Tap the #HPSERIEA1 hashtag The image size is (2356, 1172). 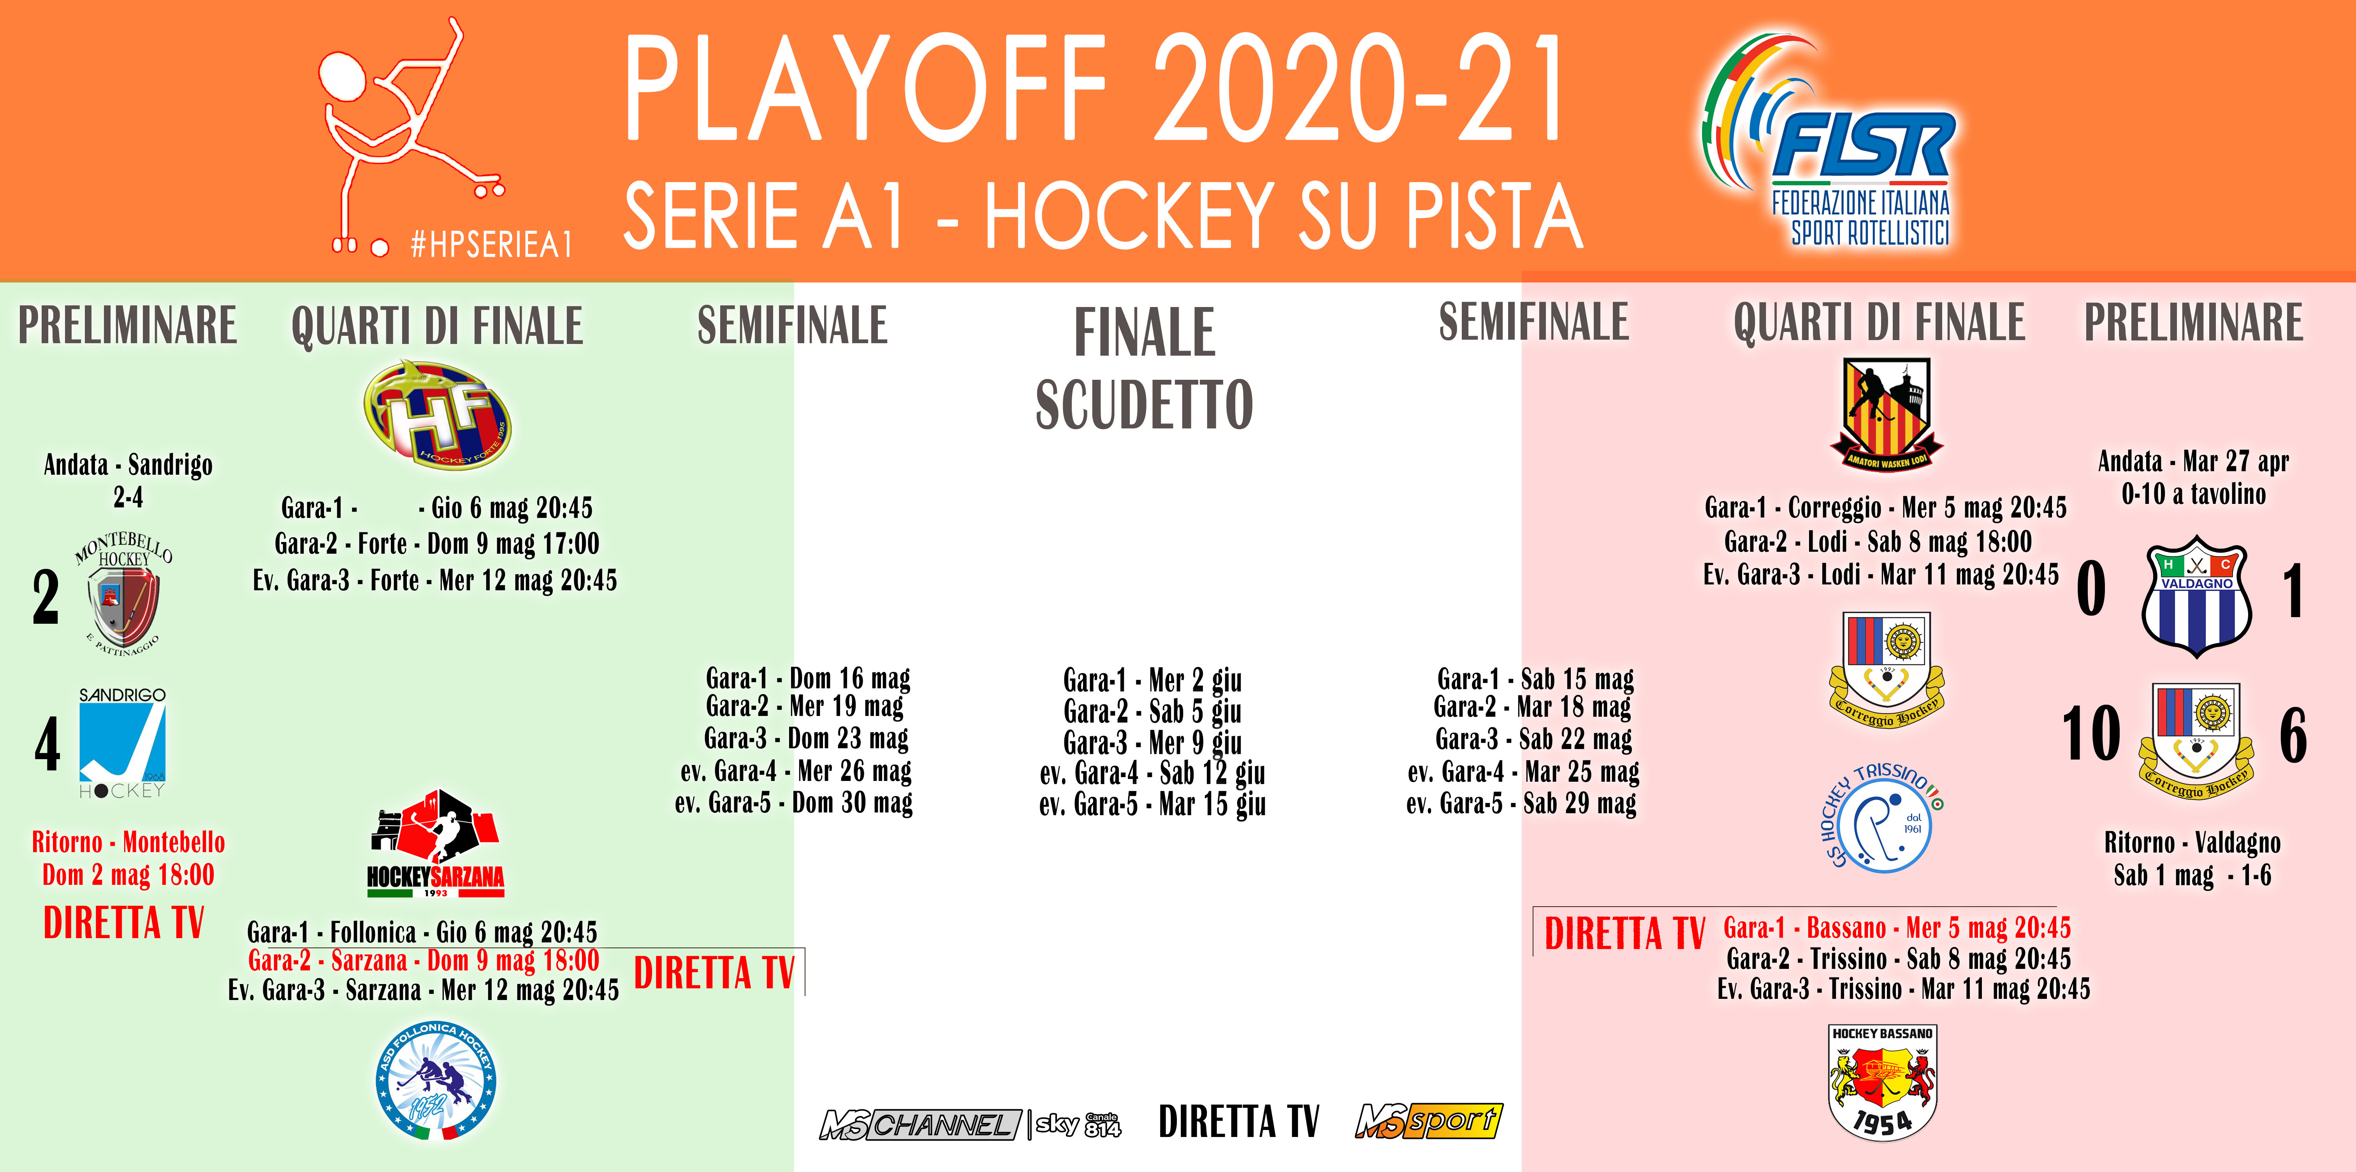click(491, 244)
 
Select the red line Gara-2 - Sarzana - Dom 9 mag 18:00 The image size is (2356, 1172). click(424, 961)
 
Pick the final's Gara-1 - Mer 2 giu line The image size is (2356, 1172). click(1152, 680)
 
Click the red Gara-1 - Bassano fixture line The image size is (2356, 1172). click(1897, 928)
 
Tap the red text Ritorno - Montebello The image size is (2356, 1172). click(128, 842)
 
